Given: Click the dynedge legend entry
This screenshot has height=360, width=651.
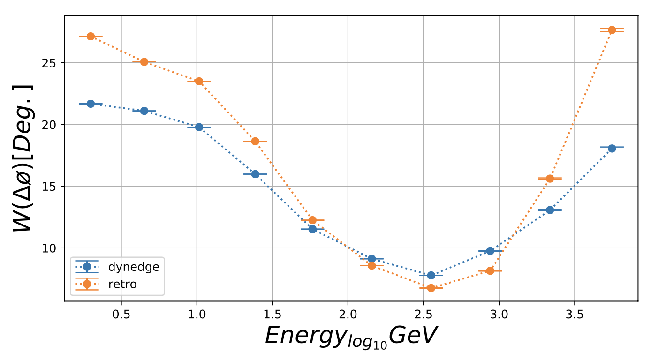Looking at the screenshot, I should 134,267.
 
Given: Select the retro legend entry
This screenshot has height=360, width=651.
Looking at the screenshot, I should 122,284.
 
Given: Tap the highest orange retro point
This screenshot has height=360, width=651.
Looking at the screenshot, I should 612,30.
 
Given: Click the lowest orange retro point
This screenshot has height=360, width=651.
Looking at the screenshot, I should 431,288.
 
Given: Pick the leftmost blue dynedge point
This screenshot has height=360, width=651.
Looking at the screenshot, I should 91,104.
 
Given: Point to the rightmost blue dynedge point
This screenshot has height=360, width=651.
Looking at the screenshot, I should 612,148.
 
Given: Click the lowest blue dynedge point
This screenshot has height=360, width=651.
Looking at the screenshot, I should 431,275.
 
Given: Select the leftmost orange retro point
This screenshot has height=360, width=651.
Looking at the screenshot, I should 91,36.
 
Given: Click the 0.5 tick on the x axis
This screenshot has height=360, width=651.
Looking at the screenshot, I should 121,312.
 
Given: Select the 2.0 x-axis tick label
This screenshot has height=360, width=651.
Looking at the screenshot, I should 348,312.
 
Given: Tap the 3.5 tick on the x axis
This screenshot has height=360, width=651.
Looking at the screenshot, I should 574,312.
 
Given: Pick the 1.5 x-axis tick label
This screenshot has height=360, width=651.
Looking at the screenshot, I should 272,312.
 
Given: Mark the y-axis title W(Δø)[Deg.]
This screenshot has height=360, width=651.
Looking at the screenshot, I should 23,158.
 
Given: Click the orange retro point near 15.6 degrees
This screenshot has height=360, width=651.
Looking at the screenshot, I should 550,179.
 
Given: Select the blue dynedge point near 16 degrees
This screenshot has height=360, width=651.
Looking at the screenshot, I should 255,174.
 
